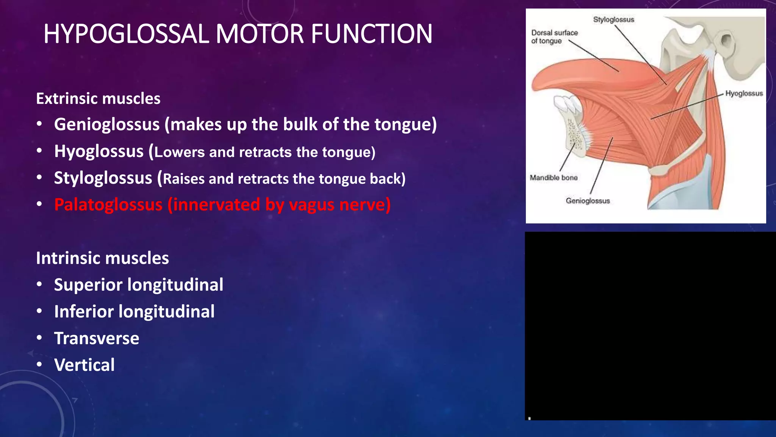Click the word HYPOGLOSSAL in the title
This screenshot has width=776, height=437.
click(126, 34)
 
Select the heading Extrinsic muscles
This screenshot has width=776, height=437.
click(98, 99)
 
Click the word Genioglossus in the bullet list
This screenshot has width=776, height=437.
click(107, 124)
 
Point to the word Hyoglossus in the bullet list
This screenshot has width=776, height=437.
click(99, 151)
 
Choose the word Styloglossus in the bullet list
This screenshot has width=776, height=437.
click(103, 178)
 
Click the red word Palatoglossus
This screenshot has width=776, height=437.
click(108, 205)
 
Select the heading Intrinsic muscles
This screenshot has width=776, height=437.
click(102, 258)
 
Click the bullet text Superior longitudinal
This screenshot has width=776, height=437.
click(139, 285)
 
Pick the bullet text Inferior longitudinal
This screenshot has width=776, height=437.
click(134, 311)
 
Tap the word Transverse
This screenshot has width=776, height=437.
click(97, 338)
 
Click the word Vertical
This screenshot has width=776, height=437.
click(84, 365)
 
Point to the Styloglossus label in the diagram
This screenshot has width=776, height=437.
click(613, 20)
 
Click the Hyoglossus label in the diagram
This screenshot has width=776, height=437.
click(744, 94)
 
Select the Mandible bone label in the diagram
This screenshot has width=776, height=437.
click(554, 178)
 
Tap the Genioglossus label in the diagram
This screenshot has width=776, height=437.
click(588, 201)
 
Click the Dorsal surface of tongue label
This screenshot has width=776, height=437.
click(554, 37)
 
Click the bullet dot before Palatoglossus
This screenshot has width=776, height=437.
click(39, 204)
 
